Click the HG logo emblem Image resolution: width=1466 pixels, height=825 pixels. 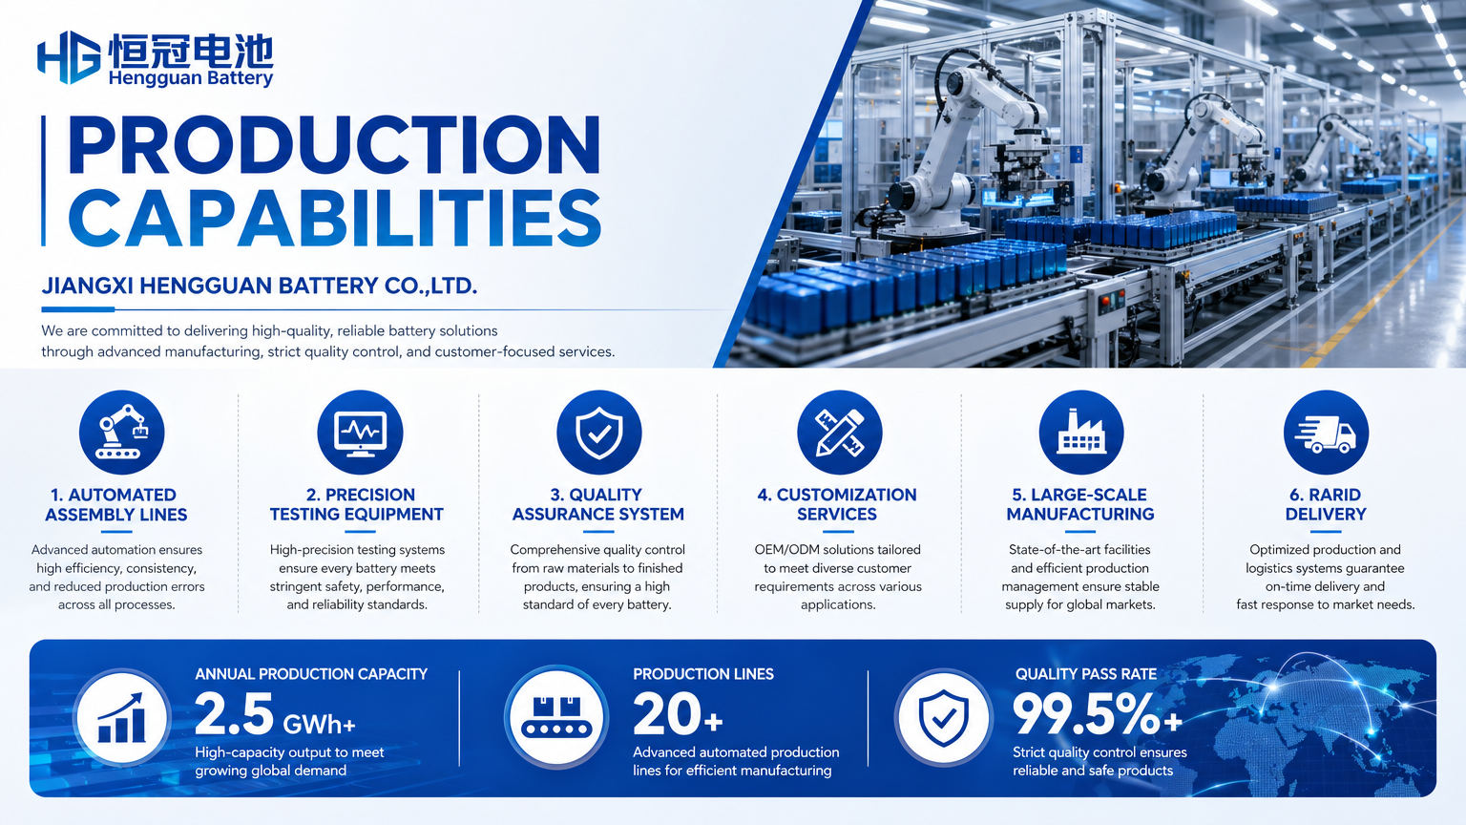69,57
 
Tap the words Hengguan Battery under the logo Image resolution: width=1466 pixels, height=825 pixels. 191,78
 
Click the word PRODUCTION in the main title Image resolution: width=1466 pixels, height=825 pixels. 334,145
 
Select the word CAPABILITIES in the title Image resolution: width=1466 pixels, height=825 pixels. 334,218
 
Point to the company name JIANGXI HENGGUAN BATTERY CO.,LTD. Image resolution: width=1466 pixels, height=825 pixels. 260,286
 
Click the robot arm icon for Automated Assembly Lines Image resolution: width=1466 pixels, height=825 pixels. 122,433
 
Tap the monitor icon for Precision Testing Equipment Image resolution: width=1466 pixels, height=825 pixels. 360,433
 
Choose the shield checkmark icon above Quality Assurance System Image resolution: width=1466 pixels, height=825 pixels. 599,433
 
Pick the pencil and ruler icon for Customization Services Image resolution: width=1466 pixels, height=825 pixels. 840,433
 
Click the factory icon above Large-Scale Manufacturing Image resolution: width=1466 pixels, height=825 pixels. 1081,433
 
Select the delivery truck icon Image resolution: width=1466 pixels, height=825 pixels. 1326,433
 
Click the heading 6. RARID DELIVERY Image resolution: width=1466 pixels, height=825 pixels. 1326,504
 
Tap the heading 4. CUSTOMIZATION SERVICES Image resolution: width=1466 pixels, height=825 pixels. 837,504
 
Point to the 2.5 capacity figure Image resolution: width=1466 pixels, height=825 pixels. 235,714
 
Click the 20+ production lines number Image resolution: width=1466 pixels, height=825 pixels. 678,714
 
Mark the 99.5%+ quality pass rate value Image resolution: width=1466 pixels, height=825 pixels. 1098,714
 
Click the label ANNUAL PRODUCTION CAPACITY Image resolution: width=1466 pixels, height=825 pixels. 311,674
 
